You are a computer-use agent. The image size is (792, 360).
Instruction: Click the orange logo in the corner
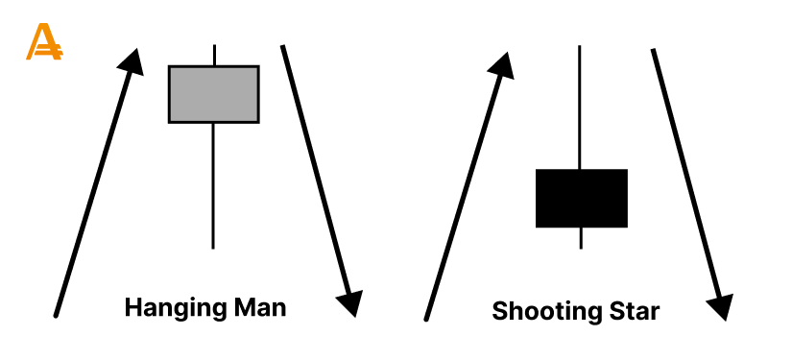click(x=43, y=42)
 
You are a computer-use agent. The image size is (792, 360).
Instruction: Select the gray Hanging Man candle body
click(x=213, y=94)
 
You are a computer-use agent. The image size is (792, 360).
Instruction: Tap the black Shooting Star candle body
click(x=581, y=198)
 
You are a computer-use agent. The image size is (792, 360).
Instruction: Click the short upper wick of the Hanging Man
click(x=213, y=55)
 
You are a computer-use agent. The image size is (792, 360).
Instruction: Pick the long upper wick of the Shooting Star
click(x=581, y=106)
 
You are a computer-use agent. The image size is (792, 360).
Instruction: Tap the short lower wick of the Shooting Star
click(x=581, y=237)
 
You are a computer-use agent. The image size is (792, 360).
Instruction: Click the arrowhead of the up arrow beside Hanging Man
click(x=134, y=60)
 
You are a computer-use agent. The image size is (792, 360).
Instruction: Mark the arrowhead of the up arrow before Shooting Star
click(x=502, y=66)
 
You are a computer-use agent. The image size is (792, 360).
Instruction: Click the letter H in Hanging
click(x=133, y=308)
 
